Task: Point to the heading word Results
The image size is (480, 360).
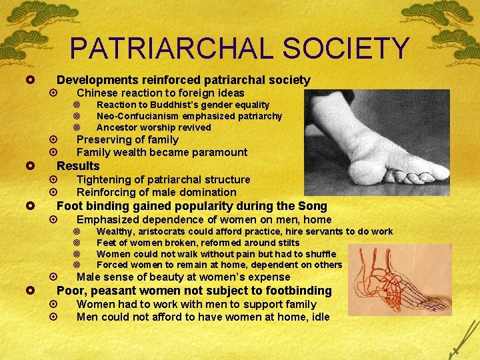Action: (78, 166)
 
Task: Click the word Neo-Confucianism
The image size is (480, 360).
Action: (137, 116)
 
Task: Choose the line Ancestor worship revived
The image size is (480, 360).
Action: (153, 127)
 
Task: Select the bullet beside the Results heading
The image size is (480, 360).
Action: (31, 166)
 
